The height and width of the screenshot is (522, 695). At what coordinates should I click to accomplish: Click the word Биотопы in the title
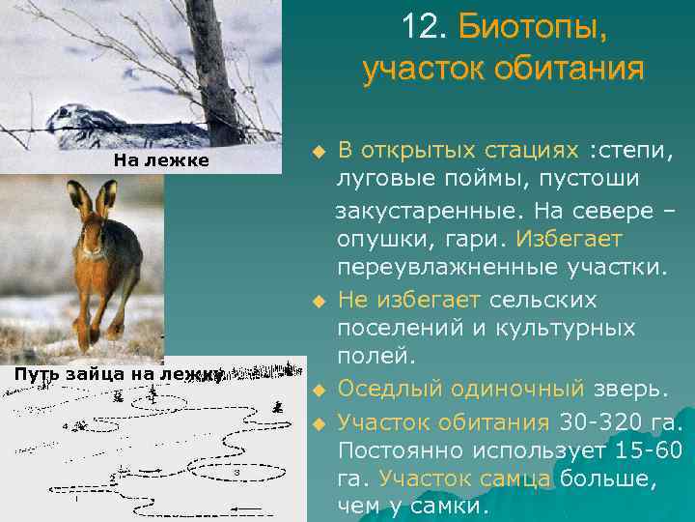click(533, 27)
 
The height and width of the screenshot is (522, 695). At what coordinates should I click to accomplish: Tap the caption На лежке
click(161, 160)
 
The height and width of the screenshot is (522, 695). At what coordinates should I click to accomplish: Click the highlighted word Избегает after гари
click(570, 238)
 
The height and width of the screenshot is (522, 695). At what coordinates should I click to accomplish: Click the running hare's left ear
click(83, 198)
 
